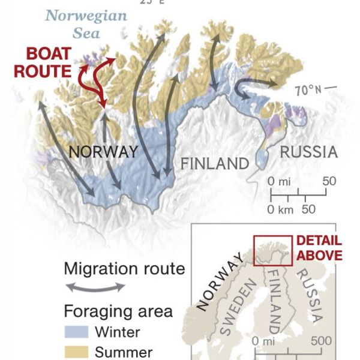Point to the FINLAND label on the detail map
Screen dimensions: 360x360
[x=215, y=163]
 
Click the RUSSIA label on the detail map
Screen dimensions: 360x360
[x=308, y=152]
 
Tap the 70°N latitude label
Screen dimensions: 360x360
[x=309, y=91]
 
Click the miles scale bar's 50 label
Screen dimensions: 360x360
[x=329, y=181]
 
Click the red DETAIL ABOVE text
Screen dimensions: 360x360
[x=319, y=248]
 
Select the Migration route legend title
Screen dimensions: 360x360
[x=124, y=268]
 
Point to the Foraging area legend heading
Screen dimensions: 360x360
[x=118, y=311]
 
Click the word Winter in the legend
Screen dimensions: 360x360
[x=118, y=332]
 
